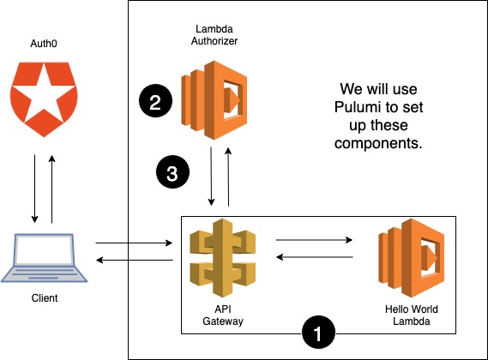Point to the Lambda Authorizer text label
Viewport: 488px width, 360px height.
coord(214,34)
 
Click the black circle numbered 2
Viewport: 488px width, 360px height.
coord(154,104)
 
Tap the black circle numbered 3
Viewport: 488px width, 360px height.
coord(172,173)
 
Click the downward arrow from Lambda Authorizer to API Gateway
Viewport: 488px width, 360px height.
coord(212,177)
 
